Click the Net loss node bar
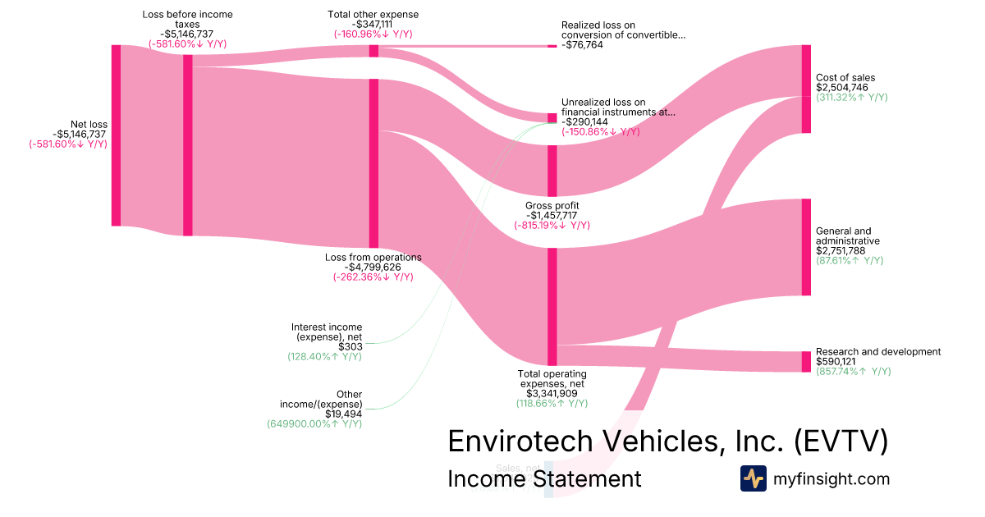click(116, 135)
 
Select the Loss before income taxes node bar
click(187, 145)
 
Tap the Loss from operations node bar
click(373, 163)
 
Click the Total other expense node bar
click(373, 51)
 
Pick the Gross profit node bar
click(552, 171)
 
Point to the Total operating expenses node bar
click(552, 306)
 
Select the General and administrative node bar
click(806, 246)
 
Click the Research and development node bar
click(806, 361)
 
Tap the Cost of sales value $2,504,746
click(841, 87)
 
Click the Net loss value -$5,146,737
click(80, 134)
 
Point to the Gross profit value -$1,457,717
click(552, 215)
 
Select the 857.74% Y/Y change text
click(853, 372)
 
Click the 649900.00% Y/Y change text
click(314, 424)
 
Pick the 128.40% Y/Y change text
click(324, 357)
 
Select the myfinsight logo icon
click(753, 478)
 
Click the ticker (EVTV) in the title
click(841, 442)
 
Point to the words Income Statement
click(543, 478)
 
